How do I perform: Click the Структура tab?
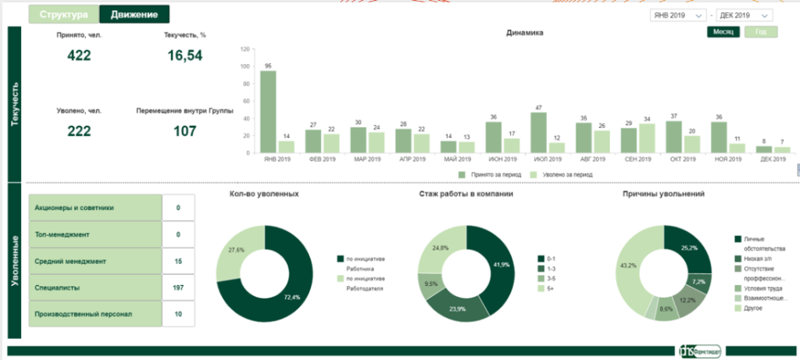(x=64, y=14)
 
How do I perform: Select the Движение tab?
(x=134, y=14)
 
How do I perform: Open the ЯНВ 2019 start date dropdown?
(x=678, y=15)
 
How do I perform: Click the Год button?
(x=761, y=32)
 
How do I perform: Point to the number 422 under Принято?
(x=79, y=55)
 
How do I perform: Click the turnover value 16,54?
(x=185, y=55)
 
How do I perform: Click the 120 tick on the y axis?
(x=245, y=48)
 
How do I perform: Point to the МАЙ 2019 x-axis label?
(x=456, y=159)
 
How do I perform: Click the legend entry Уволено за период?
(x=562, y=174)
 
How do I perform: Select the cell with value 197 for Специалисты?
(x=178, y=287)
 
